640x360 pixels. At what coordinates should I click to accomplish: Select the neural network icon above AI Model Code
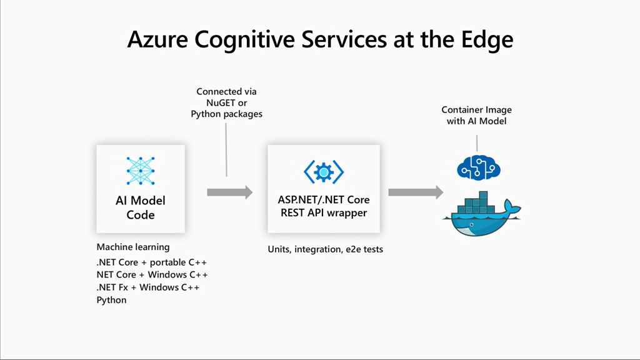[141, 171]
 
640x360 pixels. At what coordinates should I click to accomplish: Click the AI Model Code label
[141, 207]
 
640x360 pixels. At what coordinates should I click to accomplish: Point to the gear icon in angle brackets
[324, 171]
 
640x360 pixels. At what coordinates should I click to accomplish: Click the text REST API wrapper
[324, 212]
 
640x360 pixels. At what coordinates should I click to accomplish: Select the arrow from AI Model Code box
[229, 192]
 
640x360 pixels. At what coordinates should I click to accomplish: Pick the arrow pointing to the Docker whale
[415, 192]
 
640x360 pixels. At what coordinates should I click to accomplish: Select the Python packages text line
[226, 114]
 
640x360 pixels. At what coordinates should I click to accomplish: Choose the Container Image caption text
[476, 110]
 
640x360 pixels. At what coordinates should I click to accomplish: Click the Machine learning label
[133, 247]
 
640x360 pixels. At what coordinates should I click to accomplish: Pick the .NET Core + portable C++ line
[152, 262]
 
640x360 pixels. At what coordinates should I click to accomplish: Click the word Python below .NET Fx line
[111, 300]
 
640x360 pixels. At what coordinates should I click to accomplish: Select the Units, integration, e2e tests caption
[325, 249]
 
